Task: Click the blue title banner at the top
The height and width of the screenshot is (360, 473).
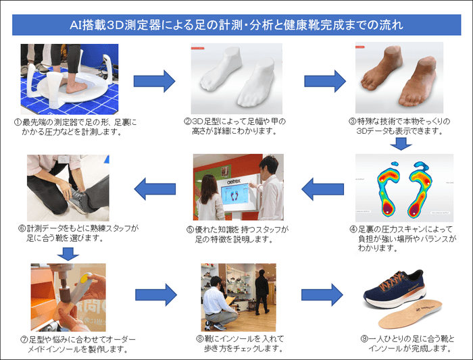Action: [x=236, y=26]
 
